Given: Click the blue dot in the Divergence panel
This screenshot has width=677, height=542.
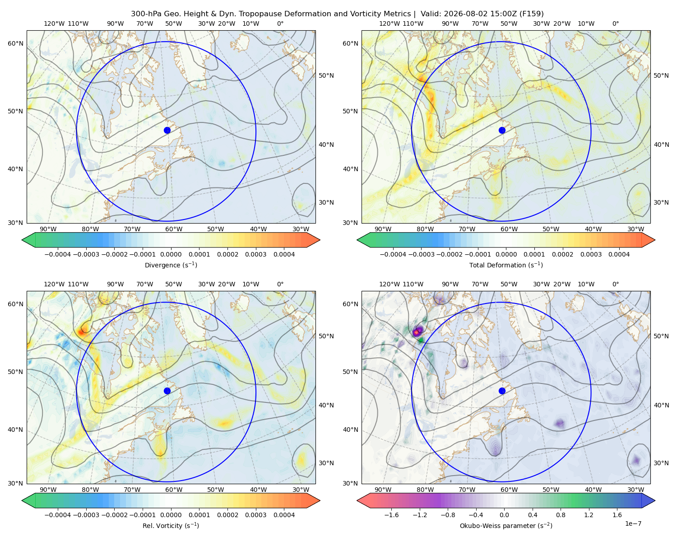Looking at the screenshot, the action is click(x=167, y=131).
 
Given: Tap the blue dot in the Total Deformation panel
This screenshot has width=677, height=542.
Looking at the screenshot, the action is click(x=502, y=131).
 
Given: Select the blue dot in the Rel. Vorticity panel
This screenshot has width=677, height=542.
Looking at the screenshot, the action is click(x=167, y=391).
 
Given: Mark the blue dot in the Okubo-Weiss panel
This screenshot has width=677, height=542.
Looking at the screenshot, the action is click(x=502, y=391).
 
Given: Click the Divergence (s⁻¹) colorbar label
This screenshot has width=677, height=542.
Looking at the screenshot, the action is click(x=171, y=265).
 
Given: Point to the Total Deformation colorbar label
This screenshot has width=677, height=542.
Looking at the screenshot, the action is click(x=506, y=265).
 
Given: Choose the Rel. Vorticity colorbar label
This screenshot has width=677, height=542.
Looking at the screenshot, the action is click(x=171, y=526).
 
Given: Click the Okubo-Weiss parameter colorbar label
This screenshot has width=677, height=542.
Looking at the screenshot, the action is click(x=506, y=526).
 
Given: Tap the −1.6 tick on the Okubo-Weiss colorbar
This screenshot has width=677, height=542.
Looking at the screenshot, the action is click(x=391, y=515).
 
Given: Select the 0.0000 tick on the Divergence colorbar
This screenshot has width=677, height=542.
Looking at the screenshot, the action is click(x=171, y=254).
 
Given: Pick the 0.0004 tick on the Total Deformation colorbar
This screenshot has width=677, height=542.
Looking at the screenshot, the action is click(x=619, y=254).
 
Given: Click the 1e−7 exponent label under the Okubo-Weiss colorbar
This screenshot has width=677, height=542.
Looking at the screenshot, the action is click(x=633, y=524).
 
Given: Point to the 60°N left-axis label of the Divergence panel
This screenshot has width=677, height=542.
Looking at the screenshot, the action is click(x=15, y=43).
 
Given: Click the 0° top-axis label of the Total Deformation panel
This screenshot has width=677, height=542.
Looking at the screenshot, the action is click(x=615, y=23).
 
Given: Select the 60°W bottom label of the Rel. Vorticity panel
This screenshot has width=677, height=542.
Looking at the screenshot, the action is click(x=174, y=490).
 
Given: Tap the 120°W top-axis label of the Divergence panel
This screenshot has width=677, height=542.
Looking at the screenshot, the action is click(x=54, y=23).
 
